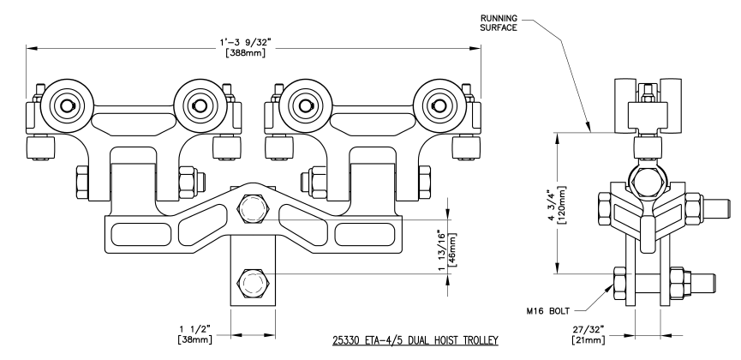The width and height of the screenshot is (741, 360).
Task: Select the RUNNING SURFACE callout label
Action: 502,21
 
